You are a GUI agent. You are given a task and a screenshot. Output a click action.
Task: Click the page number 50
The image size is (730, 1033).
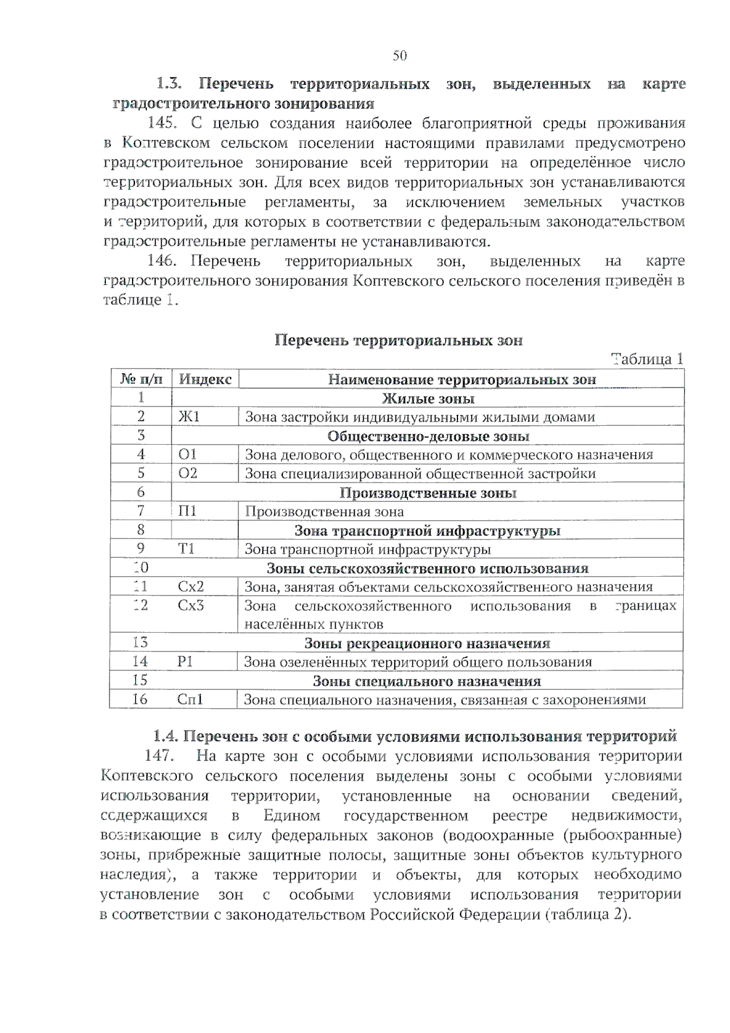pos(399,56)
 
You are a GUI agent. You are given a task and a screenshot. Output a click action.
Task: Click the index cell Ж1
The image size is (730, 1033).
pos(189,417)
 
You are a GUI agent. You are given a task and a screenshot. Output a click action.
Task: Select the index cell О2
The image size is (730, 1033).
pos(188,473)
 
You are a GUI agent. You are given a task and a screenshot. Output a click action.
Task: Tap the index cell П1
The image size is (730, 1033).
pos(187,511)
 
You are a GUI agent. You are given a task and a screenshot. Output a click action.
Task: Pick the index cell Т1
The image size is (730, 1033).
pos(186,549)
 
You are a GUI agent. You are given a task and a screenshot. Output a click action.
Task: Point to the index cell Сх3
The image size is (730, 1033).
pos(190,605)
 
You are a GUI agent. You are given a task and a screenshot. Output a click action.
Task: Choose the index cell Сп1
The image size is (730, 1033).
pos(190,700)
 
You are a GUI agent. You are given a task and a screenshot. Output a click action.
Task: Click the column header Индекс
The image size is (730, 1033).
pos(205,379)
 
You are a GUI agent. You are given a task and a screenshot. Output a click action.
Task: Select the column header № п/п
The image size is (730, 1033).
pos(141,379)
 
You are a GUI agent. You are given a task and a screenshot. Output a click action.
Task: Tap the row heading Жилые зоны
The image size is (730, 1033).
pos(428,398)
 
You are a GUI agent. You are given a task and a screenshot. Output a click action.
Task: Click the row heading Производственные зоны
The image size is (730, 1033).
pos(428,493)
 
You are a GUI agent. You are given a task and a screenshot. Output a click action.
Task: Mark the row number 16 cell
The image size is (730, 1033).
pos(140,700)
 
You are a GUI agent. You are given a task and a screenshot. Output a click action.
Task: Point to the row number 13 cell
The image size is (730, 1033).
pos(140,642)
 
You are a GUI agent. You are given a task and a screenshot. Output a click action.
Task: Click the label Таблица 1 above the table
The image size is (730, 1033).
pos(647,359)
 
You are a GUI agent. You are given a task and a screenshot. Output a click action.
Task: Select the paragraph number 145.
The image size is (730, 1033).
pos(162,123)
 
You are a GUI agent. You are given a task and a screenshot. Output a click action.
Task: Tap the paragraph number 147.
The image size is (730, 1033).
pos(159,756)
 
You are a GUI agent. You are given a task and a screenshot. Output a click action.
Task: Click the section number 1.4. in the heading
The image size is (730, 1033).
pos(165,737)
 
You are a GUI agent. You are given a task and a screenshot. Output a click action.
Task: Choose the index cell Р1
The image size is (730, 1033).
pos(185,662)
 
